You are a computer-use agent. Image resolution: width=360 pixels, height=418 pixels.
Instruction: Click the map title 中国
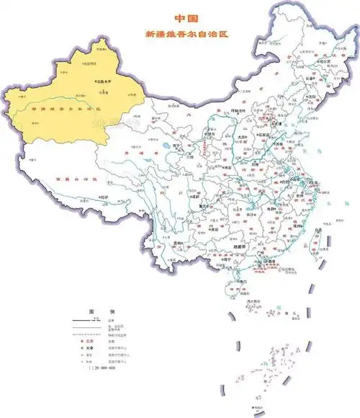point(186,19)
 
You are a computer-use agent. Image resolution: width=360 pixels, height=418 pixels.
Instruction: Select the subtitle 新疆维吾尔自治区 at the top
point(186,34)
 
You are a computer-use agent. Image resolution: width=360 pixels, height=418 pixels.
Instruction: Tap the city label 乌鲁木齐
point(104,82)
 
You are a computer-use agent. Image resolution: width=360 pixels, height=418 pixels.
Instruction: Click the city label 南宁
point(208,261)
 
